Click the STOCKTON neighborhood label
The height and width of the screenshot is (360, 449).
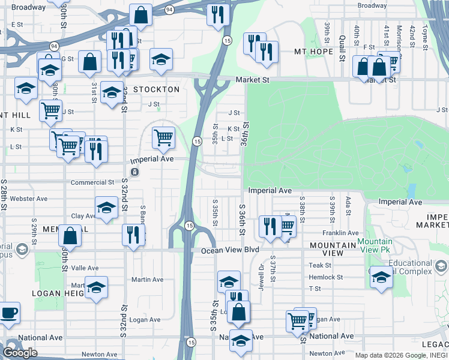[x=156, y=89]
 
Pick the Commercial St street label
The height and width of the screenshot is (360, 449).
[x=92, y=182]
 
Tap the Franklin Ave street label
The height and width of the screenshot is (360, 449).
[x=340, y=233]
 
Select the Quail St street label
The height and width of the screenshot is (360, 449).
[x=342, y=48]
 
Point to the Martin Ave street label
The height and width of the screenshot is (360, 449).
[x=147, y=280]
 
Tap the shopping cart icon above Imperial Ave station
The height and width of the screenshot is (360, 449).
[x=163, y=138]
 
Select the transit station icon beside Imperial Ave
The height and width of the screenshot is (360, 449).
[x=135, y=172]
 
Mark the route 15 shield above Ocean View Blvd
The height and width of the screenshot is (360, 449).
[x=189, y=226]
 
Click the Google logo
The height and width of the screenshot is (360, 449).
[x=20, y=353]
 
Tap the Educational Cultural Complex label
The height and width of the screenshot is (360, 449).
[x=411, y=268]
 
